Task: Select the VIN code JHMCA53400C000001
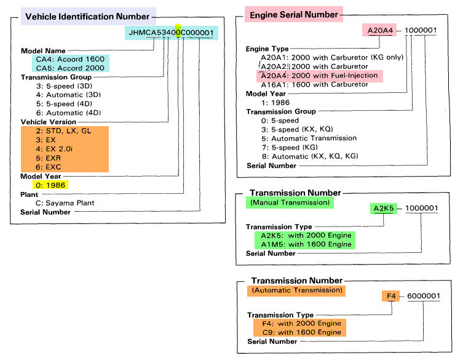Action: [172, 33]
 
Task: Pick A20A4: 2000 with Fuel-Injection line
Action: [319, 75]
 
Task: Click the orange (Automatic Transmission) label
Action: [296, 289]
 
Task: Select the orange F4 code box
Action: [390, 296]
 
